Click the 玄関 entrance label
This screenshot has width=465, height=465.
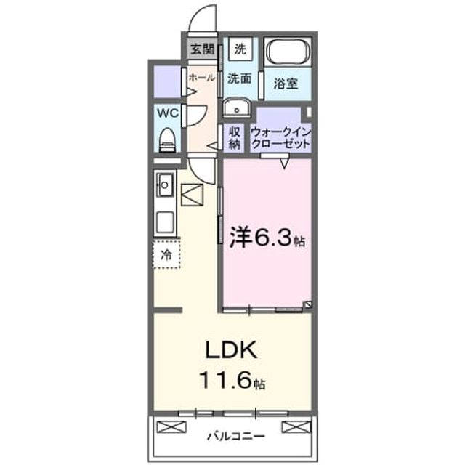tap(202, 49)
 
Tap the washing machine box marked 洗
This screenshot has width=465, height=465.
tap(240, 49)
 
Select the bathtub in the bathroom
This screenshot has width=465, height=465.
tap(288, 52)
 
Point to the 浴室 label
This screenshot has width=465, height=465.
tap(286, 84)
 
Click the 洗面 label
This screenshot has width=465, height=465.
tap(240, 78)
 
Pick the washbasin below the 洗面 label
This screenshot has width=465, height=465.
tap(236, 108)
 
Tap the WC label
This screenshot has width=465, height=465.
tap(168, 113)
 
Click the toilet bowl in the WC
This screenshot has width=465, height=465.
tap(168, 140)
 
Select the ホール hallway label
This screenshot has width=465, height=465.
tap(202, 78)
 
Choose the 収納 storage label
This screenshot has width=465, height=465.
tap(235, 138)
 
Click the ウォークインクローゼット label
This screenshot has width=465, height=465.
tap(280, 138)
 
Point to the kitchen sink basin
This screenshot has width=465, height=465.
tap(165, 185)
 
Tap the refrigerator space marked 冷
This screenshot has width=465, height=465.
tap(166, 254)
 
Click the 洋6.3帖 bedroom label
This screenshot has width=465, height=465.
tap(267, 238)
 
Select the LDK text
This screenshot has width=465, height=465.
tap(232, 350)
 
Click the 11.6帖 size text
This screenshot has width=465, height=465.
tap(232, 380)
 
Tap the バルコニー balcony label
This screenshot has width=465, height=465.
tap(235, 436)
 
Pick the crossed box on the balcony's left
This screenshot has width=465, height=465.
tap(171, 426)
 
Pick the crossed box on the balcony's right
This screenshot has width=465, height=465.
tap(296, 426)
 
